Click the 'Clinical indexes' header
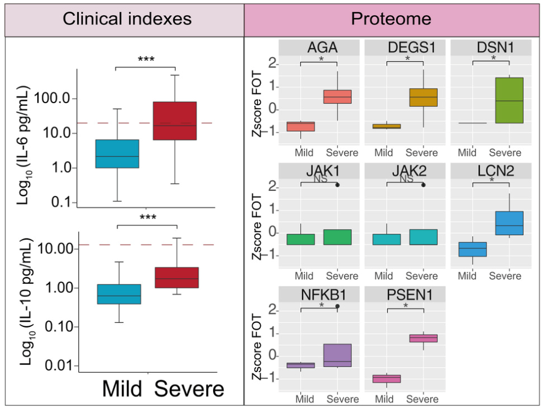(x=127, y=19)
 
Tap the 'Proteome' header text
(x=390, y=19)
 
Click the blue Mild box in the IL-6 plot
(x=117, y=154)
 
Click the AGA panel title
(x=319, y=48)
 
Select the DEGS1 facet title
(x=405, y=48)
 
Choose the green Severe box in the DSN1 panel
(x=509, y=100)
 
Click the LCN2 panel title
(x=491, y=171)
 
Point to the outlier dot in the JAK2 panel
(x=423, y=185)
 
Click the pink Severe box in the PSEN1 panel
(x=423, y=338)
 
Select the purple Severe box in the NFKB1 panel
(x=337, y=355)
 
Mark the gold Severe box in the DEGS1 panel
(x=423, y=97)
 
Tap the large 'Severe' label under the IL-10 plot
(x=189, y=389)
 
